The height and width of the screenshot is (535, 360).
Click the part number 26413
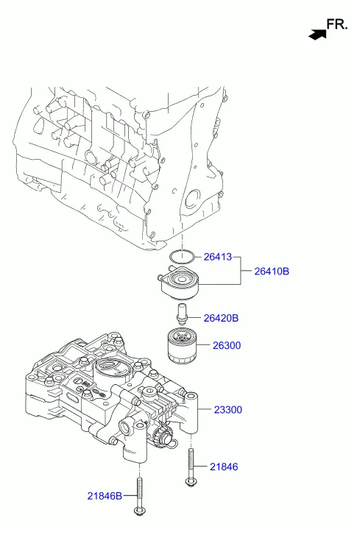coord(217,257)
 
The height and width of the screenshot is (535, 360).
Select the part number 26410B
coord(272,272)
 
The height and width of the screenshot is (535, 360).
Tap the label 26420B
coord(221,318)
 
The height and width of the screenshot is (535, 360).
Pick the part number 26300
coord(227,345)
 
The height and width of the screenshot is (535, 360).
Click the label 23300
coord(227,409)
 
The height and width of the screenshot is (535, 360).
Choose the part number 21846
coord(224,467)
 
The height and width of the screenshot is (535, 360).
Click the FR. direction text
coord(336,24)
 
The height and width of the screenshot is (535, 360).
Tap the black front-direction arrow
coord(317,33)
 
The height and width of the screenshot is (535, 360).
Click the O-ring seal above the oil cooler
coord(181,257)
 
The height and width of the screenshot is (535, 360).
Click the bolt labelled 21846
coord(191,468)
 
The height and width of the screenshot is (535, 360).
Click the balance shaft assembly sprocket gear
coord(163,438)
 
